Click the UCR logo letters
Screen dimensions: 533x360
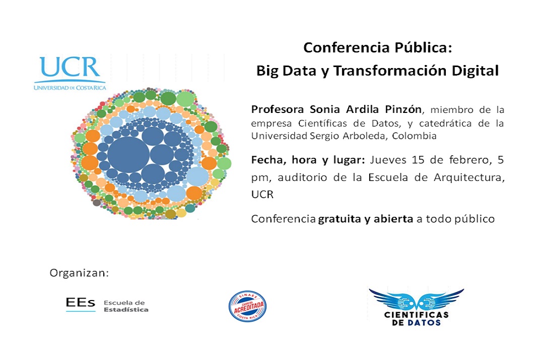coord(70,67)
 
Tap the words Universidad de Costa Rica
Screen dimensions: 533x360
coord(70,88)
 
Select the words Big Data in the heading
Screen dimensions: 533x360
coord(286,71)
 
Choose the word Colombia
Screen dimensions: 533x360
coord(414,136)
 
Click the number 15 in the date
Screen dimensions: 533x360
coord(418,160)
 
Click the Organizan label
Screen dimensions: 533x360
coord(79,273)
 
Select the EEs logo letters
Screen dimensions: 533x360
coord(81,303)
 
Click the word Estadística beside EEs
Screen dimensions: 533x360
coord(126,310)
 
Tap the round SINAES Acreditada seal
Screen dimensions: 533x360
coord(247,306)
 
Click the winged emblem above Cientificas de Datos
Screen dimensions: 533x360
coord(417,299)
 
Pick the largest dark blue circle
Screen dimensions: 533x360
coord(128,155)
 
